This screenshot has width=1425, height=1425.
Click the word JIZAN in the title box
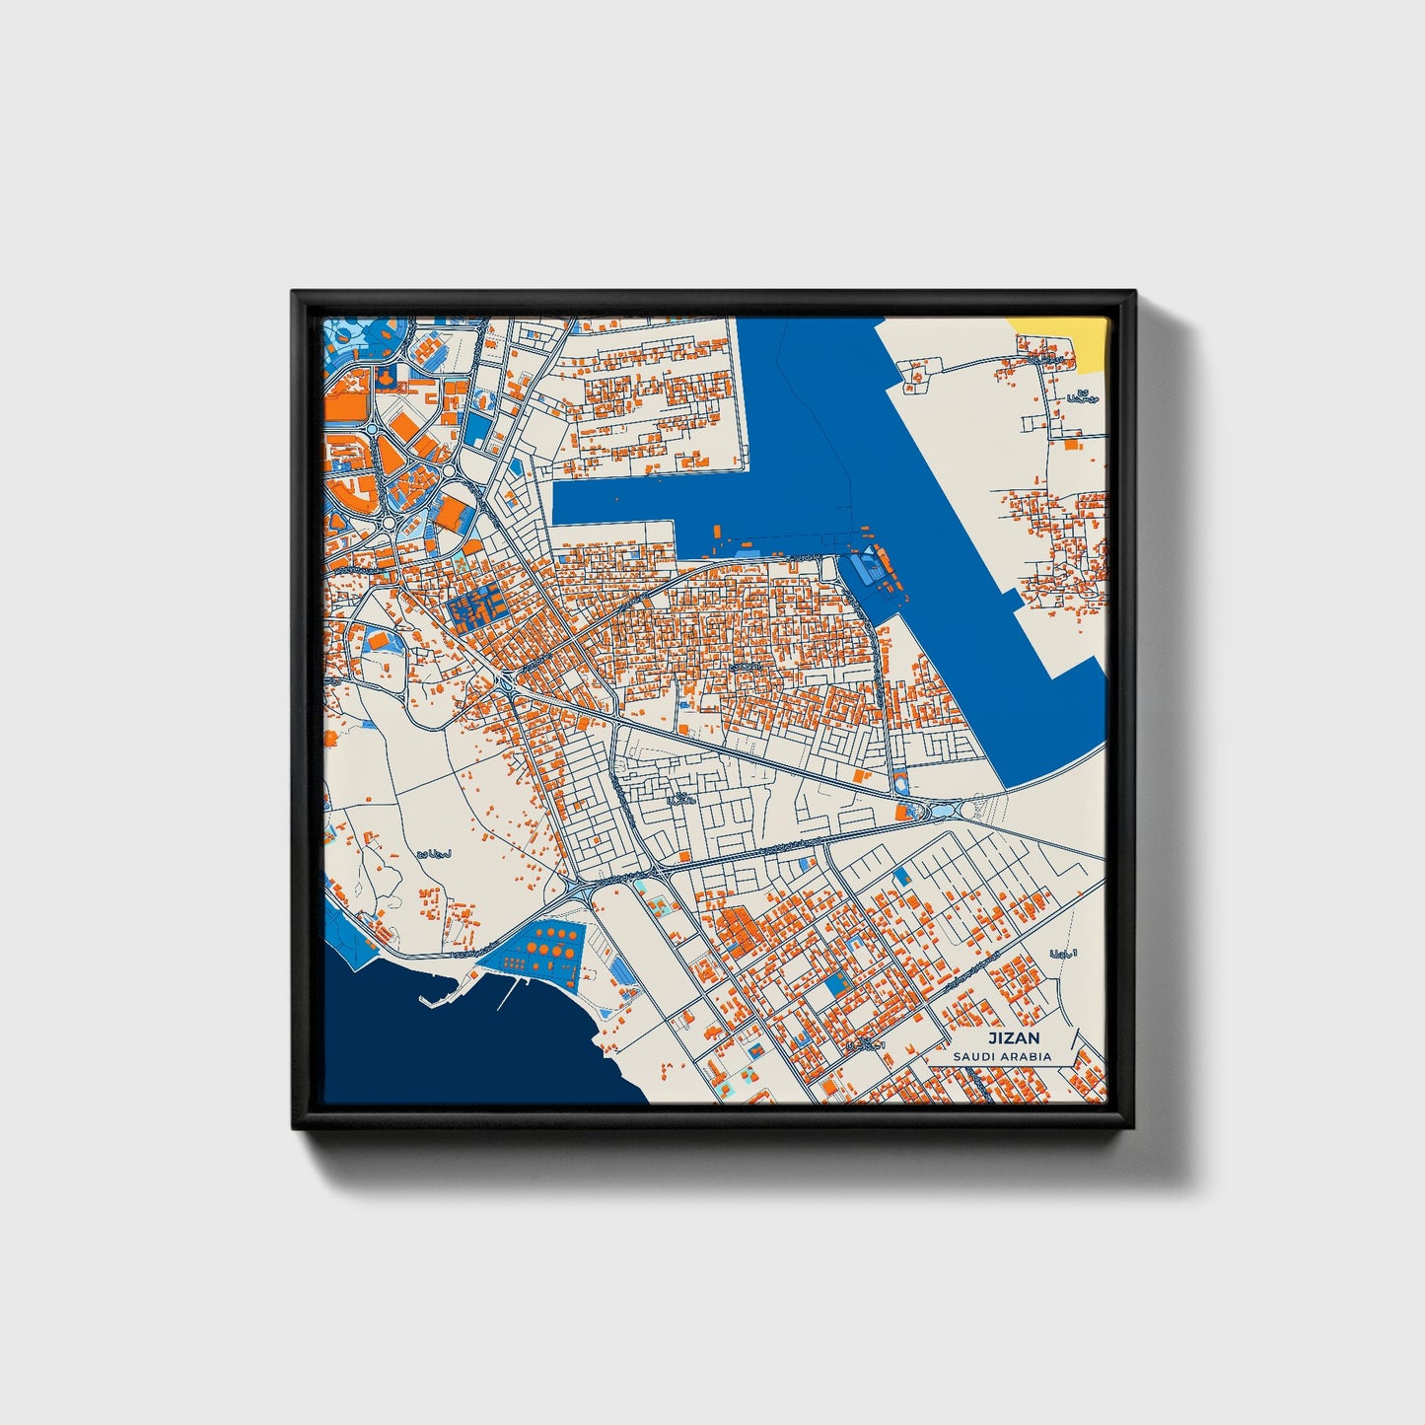click(1015, 1038)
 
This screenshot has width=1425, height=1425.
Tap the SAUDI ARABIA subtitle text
click(1002, 1056)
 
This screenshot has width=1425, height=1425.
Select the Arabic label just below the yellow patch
click(1081, 397)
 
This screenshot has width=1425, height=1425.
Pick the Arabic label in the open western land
click(434, 853)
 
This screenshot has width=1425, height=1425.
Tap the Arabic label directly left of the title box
click(868, 1043)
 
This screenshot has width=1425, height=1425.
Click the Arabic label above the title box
click(1065, 954)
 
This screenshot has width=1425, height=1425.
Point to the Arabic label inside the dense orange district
click(747, 668)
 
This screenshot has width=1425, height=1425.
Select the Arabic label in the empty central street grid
click(681, 798)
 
